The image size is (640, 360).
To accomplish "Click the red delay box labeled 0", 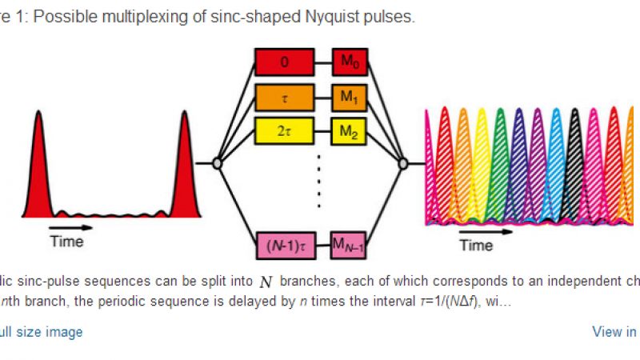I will tap(286, 60).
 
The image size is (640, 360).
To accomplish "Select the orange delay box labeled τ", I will tap(286, 96).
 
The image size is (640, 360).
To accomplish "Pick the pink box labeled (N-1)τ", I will tap(286, 245).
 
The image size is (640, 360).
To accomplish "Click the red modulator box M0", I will tap(353, 60).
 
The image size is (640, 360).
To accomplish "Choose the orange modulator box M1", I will tap(353, 96).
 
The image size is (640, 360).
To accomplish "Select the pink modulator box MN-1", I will tap(353, 245).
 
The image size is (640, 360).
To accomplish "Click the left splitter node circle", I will tap(216, 163).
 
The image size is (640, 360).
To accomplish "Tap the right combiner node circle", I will tap(404, 163).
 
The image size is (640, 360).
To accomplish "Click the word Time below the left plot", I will tap(66, 241).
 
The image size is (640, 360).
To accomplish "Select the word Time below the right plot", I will tap(477, 246).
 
